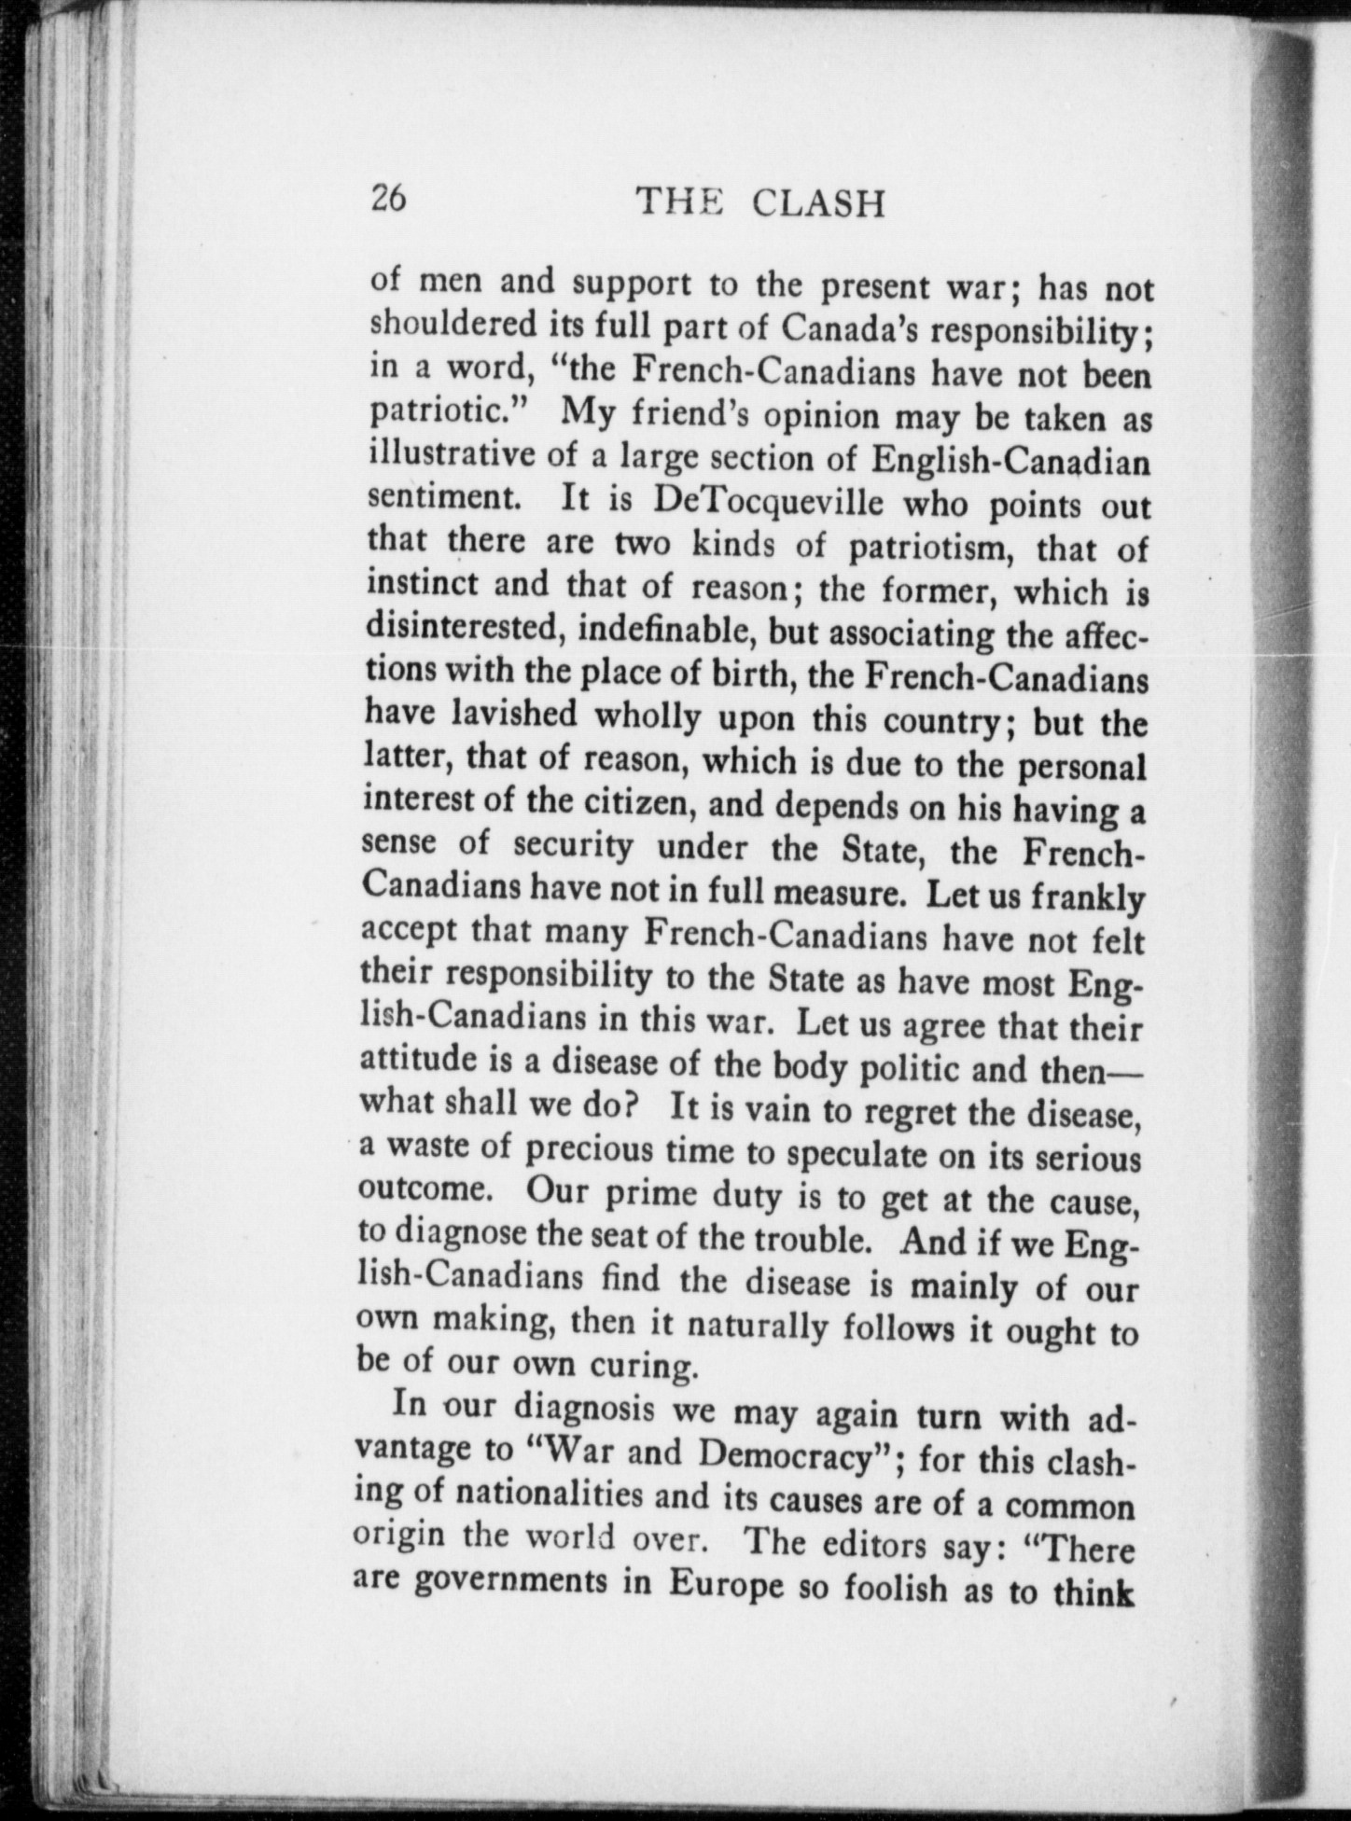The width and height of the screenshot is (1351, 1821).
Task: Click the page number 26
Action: click(388, 199)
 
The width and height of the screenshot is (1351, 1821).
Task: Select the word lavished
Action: click(521, 715)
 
